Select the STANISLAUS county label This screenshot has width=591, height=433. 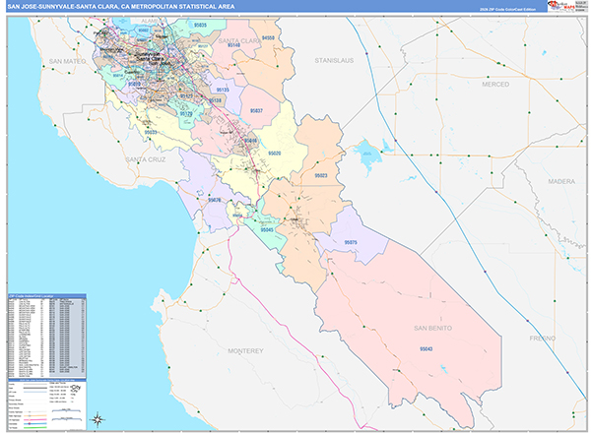pos(332,61)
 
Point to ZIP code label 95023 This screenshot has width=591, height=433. pos(321,175)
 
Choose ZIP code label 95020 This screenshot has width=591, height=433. pos(274,154)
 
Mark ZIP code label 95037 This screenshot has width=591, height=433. pos(256,111)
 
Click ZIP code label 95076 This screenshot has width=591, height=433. pos(213,200)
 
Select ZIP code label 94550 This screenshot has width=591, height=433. pos(269,37)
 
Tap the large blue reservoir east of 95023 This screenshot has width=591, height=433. pos(370,153)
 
